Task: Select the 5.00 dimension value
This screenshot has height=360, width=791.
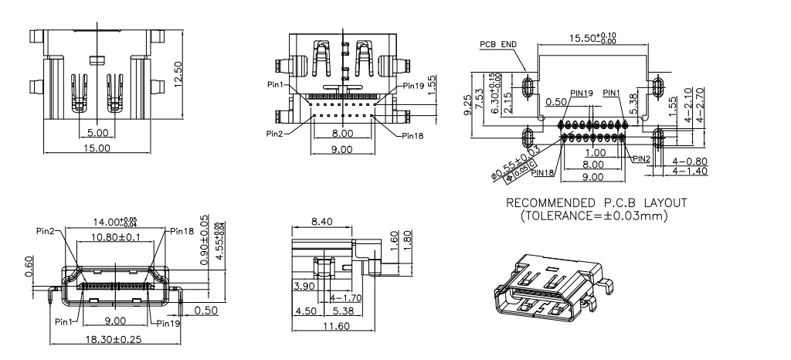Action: click(x=97, y=133)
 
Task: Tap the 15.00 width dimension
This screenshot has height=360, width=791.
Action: click(x=97, y=147)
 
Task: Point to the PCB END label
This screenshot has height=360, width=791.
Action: click(x=498, y=44)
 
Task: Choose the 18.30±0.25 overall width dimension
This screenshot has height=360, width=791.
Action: click(x=116, y=340)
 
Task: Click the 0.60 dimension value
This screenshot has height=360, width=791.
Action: click(x=29, y=267)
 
